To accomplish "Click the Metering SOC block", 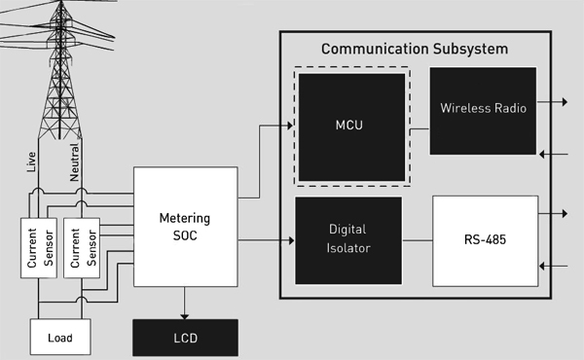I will click(185, 226).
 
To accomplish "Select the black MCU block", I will click(351, 126).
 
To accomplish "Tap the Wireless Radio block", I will click(483, 109).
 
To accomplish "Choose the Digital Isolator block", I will click(347, 238).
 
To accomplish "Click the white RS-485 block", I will click(485, 238).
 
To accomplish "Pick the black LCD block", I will click(184, 340).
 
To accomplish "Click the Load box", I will click(61, 340).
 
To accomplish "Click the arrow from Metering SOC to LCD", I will click(185, 301).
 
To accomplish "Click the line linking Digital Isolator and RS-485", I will click(417, 238).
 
